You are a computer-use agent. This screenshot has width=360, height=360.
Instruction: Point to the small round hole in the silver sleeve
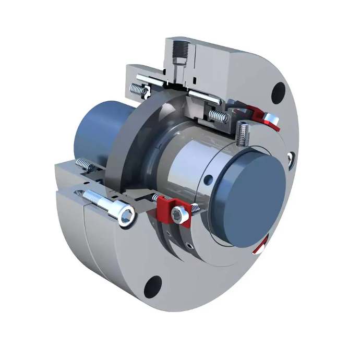(x=209, y=181)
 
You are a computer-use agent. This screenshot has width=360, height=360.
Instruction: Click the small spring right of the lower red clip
(x=195, y=208)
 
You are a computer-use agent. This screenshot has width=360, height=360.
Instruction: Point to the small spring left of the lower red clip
(x=155, y=198)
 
